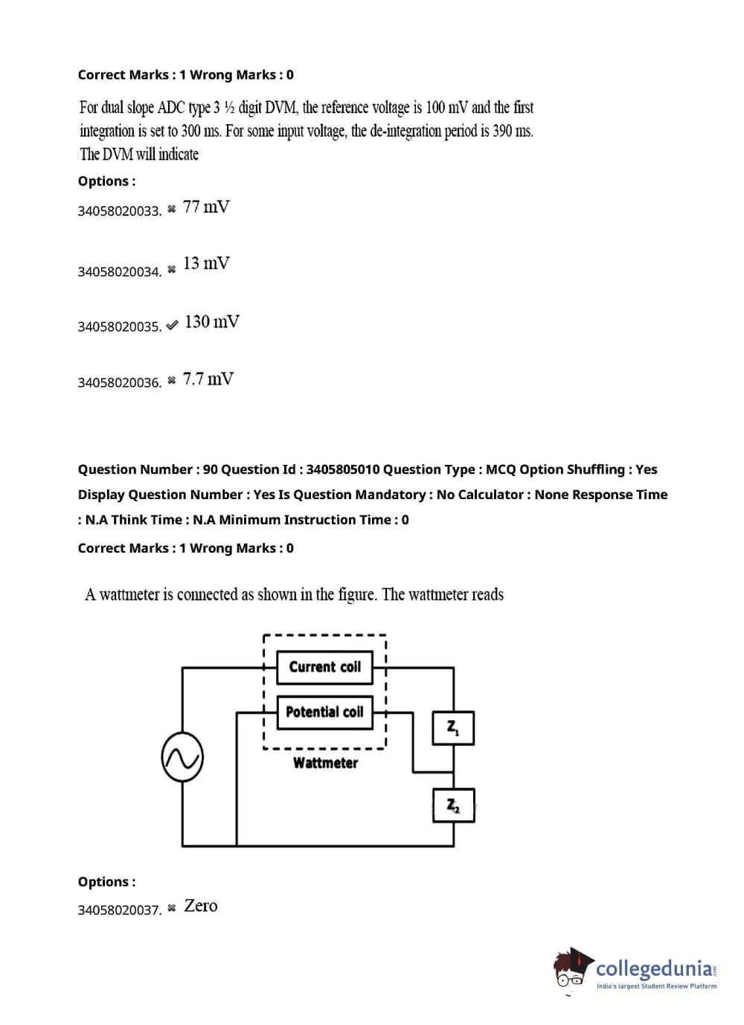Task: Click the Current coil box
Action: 324,666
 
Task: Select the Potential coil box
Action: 324,712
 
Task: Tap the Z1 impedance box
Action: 453,727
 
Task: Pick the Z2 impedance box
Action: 453,806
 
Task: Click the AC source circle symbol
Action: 182,757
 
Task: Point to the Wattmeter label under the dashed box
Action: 325,763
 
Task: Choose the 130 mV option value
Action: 212,322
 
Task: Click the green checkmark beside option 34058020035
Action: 172,325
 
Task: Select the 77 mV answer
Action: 206,207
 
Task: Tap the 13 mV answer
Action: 206,263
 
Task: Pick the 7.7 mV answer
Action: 208,379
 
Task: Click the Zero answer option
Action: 201,906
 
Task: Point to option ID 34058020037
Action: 119,910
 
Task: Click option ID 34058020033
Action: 119,211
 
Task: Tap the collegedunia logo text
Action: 654,968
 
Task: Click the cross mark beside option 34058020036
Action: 172,381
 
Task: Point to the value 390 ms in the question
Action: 513,131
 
